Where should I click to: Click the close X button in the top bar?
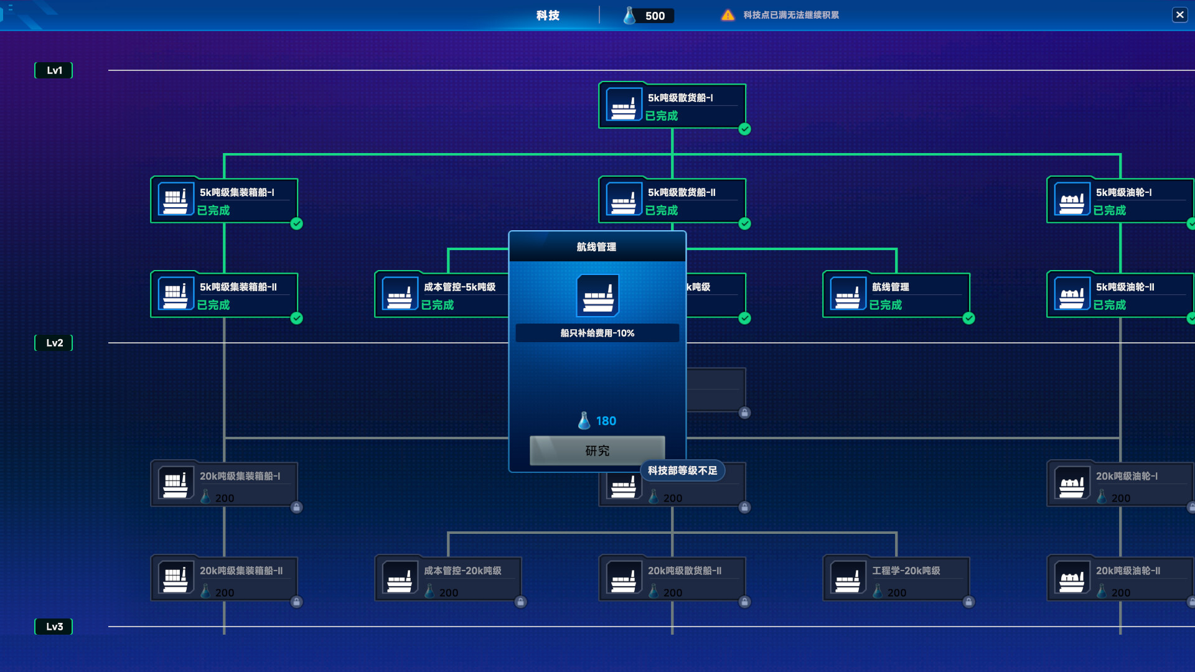[x=1179, y=15]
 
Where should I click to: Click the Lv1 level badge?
[x=54, y=70]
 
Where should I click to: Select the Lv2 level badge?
[x=54, y=343]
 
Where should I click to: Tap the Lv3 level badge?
[x=54, y=627]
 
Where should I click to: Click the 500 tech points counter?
[x=649, y=16]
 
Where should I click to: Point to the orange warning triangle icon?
[x=728, y=15]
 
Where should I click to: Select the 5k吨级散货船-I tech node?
[x=672, y=106]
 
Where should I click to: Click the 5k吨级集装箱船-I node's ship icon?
[x=176, y=200]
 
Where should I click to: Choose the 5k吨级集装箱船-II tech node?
[x=224, y=296]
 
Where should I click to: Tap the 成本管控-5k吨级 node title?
[x=459, y=287]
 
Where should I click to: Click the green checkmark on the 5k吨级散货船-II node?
[x=744, y=224]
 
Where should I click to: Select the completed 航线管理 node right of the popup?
[x=896, y=296]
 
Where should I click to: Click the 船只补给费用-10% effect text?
[x=597, y=333]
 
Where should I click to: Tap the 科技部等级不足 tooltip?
[x=682, y=471]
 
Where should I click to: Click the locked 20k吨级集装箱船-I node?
[x=224, y=485]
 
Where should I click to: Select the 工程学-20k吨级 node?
[x=896, y=579]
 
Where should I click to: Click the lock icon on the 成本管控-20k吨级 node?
[x=520, y=602]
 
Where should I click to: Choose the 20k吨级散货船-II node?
[x=672, y=579]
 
